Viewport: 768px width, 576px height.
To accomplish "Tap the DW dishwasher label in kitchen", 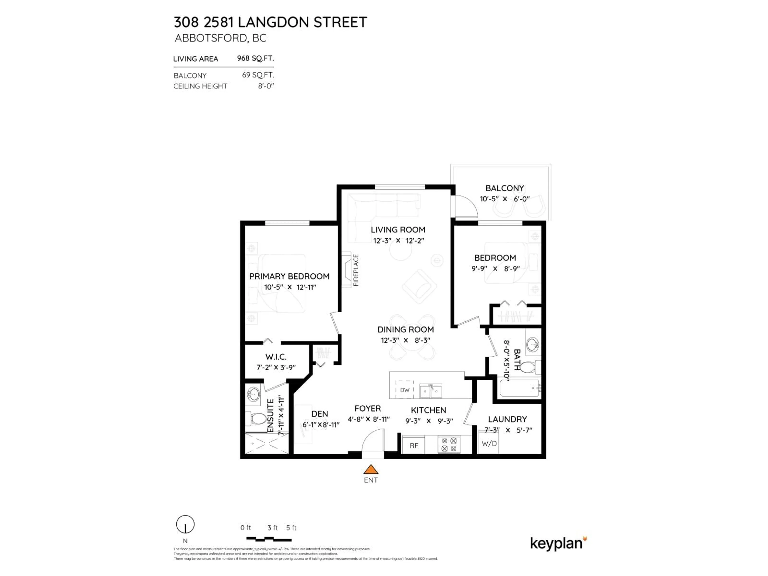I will (x=405, y=390).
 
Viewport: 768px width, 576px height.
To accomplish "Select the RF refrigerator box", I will (x=414, y=445).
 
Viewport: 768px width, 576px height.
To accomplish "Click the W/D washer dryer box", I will (x=489, y=443).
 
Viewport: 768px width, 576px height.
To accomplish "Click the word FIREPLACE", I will (x=356, y=270).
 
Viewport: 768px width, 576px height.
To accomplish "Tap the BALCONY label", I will (x=504, y=188).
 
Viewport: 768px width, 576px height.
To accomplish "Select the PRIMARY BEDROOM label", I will (x=289, y=276).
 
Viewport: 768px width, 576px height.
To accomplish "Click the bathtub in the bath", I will (x=519, y=388).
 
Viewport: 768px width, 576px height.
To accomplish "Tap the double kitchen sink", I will (x=431, y=391).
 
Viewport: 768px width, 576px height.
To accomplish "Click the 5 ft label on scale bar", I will (x=291, y=528).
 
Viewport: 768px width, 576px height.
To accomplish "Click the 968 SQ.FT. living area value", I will (x=255, y=58).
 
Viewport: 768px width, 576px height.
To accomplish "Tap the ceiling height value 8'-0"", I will (x=266, y=86).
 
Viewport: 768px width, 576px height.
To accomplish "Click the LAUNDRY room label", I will (x=507, y=419).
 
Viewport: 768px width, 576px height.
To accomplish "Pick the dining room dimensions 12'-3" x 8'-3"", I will (x=406, y=340).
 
